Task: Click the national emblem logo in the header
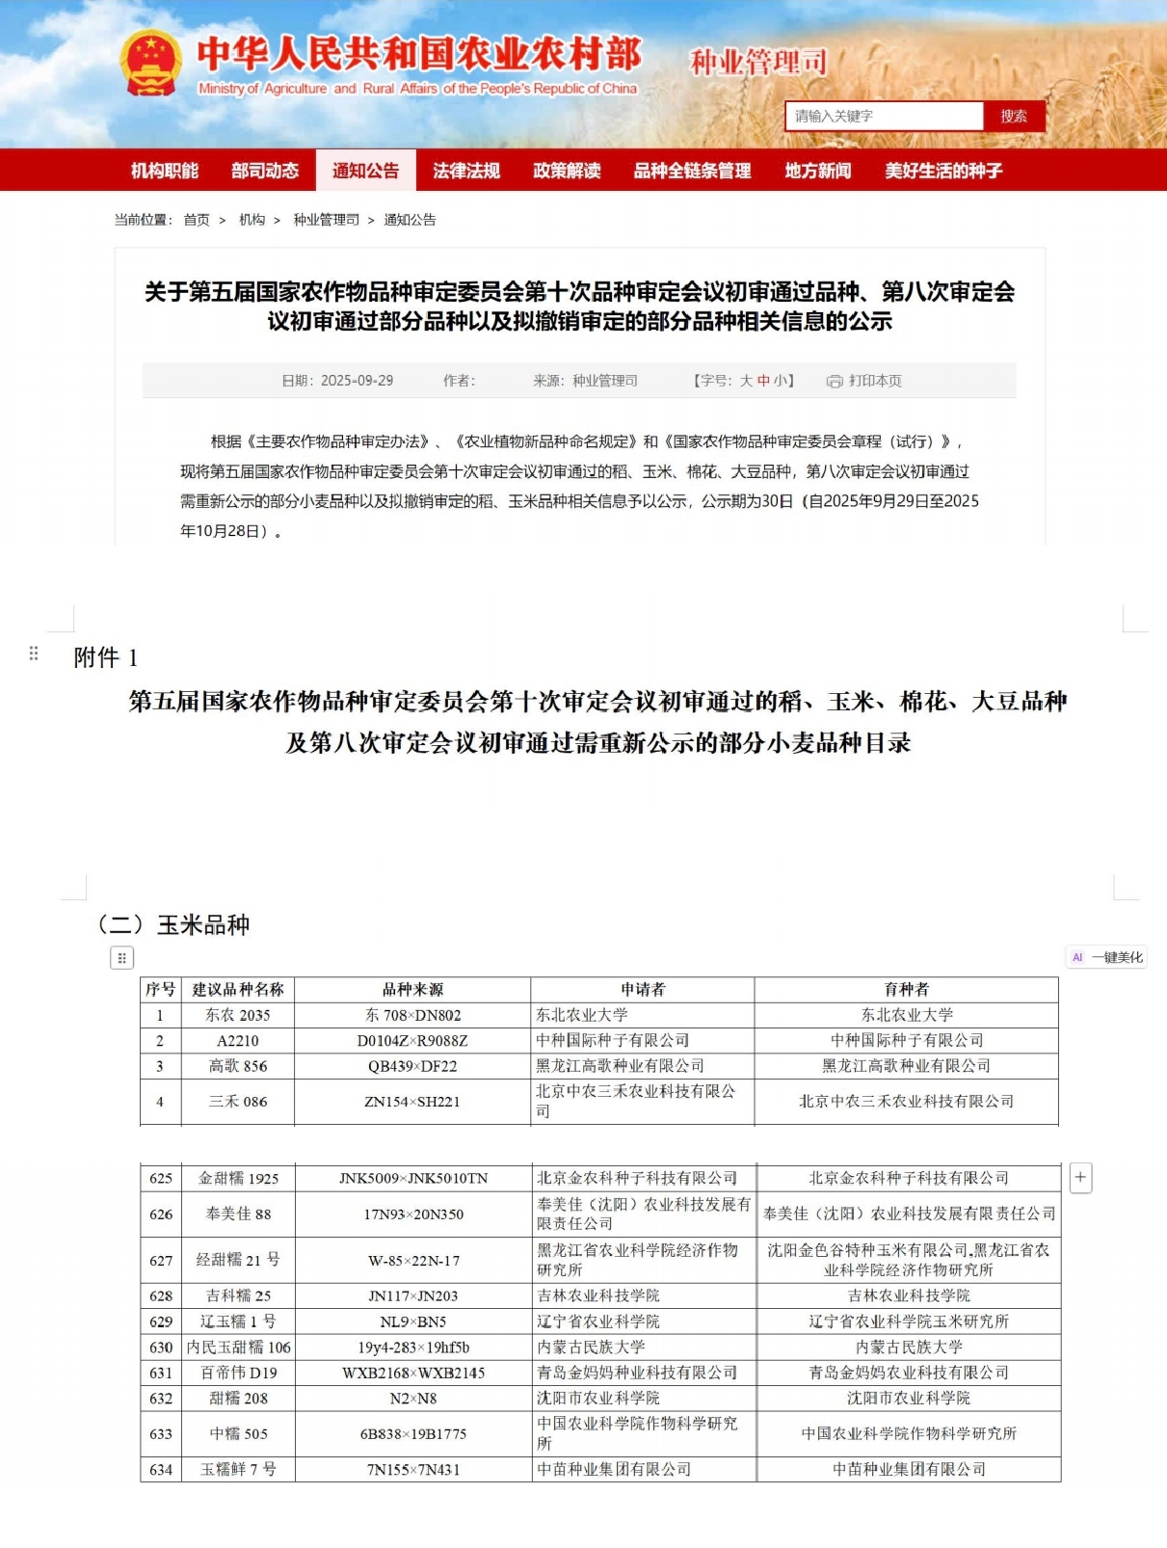coord(151,64)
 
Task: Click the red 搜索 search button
coord(1013,117)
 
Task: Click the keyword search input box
coord(883,117)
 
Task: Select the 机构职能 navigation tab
coord(165,171)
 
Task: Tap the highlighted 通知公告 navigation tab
coord(365,171)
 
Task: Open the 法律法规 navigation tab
coord(466,171)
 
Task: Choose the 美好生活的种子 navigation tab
coord(943,171)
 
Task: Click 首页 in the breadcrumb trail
coord(197,220)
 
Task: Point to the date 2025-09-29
coord(356,381)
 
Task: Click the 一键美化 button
coord(1107,957)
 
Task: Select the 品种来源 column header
coord(412,989)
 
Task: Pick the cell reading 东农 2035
coord(237,1015)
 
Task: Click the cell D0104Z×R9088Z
coord(412,1041)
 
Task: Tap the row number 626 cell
coord(161,1214)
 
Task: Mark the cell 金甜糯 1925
coord(238,1178)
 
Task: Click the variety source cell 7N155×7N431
coord(412,1470)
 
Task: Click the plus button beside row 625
coord(1080,1177)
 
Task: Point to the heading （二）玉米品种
coord(172,925)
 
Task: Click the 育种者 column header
coord(906,989)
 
